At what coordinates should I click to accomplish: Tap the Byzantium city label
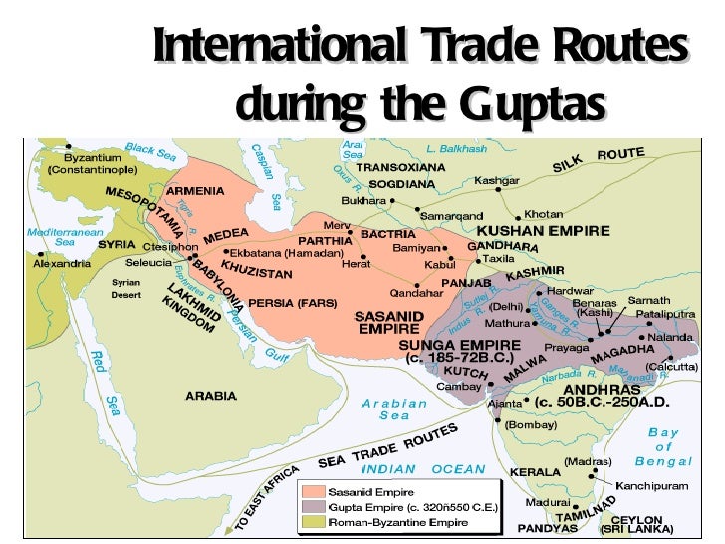coord(93,157)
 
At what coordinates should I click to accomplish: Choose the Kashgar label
coord(496,180)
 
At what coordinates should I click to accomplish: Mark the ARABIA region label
coord(211,396)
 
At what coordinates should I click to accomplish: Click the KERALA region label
coord(534,471)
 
